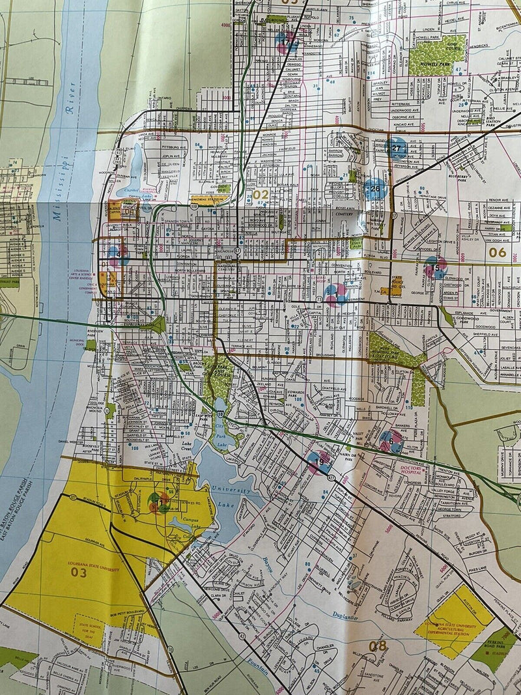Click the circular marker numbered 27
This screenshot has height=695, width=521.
(x=396, y=149)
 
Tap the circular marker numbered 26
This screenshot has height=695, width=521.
(x=375, y=190)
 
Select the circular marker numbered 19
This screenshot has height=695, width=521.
(x=319, y=462)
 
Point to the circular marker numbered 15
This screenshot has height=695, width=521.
(x=436, y=268)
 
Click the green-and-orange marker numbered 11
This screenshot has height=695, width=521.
(x=158, y=502)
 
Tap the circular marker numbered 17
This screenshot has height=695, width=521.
(x=286, y=43)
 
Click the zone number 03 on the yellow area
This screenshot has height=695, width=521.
(x=79, y=573)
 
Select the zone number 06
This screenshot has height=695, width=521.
(x=497, y=252)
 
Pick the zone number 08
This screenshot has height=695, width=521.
(x=378, y=646)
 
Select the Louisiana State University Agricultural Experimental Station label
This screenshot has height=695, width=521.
(x=460, y=619)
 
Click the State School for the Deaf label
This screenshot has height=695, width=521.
(x=92, y=629)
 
